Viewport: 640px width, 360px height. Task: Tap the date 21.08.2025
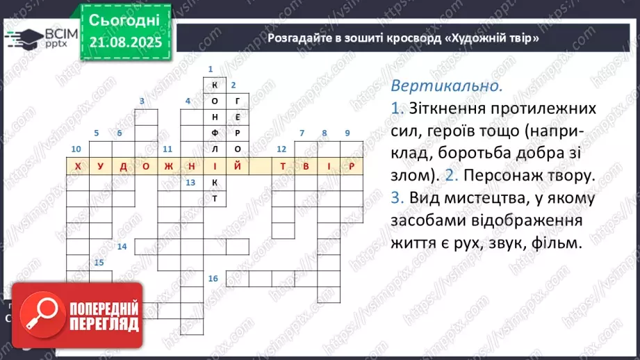click(x=126, y=44)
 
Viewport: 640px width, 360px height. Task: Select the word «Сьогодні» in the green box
click(x=125, y=20)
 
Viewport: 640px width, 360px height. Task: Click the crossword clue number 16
click(x=213, y=279)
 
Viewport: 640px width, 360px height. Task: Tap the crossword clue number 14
click(x=122, y=247)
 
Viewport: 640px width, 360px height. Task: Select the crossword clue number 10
click(x=76, y=149)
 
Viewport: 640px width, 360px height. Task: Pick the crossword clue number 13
click(x=190, y=182)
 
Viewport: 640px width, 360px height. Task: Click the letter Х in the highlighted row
click(x=78, y=167)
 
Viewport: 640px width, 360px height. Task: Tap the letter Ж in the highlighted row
click(x=169, y=167)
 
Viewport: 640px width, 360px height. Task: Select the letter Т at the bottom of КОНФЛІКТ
click(x=215, y=198)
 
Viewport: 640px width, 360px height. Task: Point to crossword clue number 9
click(x=347, y=133)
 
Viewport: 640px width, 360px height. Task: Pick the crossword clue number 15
click(x=99, y=262)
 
